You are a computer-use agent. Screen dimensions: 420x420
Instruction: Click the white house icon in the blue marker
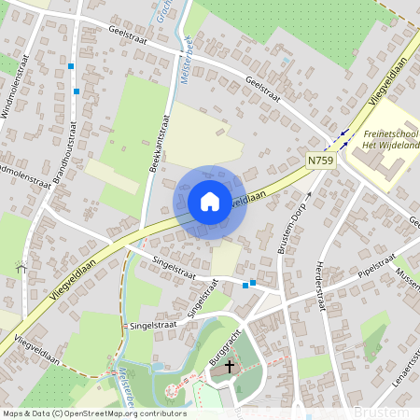click(x=210, y=202)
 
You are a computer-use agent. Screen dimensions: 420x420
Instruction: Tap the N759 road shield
click(x=320, y=161)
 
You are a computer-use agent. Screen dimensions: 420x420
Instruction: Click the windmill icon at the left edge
click(x=20, y=266)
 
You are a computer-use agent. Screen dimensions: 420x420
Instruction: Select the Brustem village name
click(x=381, y=412)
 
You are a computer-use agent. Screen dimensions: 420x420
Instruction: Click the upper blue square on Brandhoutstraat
click(x=71, y=66)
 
